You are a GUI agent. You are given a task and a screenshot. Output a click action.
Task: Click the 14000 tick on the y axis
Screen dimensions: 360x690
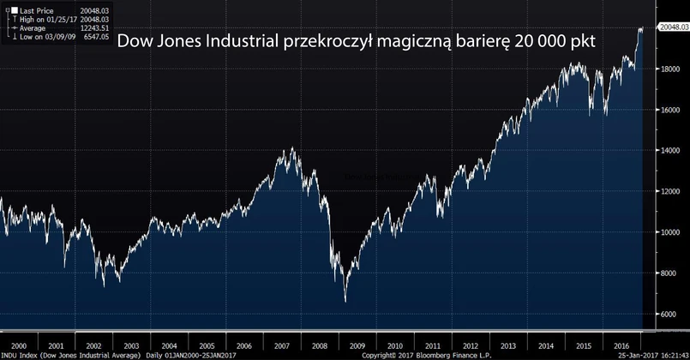[669, 151]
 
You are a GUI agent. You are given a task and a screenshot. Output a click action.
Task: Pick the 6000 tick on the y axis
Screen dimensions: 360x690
[668, 315]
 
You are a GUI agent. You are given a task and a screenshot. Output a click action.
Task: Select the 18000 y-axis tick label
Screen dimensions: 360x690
[669, 69]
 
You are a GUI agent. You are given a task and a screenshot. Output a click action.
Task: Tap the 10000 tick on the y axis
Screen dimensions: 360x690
[669, 232]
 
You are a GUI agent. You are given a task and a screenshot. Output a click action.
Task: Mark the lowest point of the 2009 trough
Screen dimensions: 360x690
[345, 302]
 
